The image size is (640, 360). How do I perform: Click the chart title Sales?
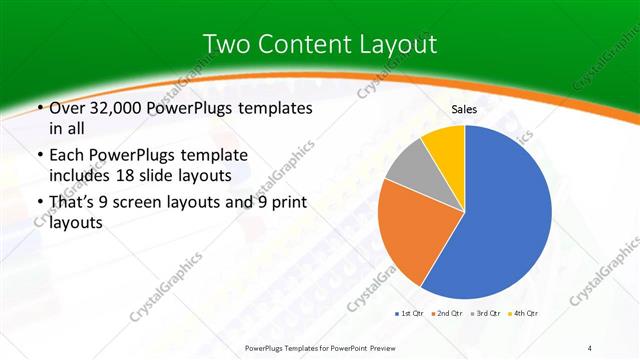(464, 109)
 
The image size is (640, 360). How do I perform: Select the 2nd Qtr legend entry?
(448, 313)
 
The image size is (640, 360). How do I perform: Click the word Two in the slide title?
(225, 44)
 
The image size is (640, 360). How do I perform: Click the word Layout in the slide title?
(400, 44)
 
